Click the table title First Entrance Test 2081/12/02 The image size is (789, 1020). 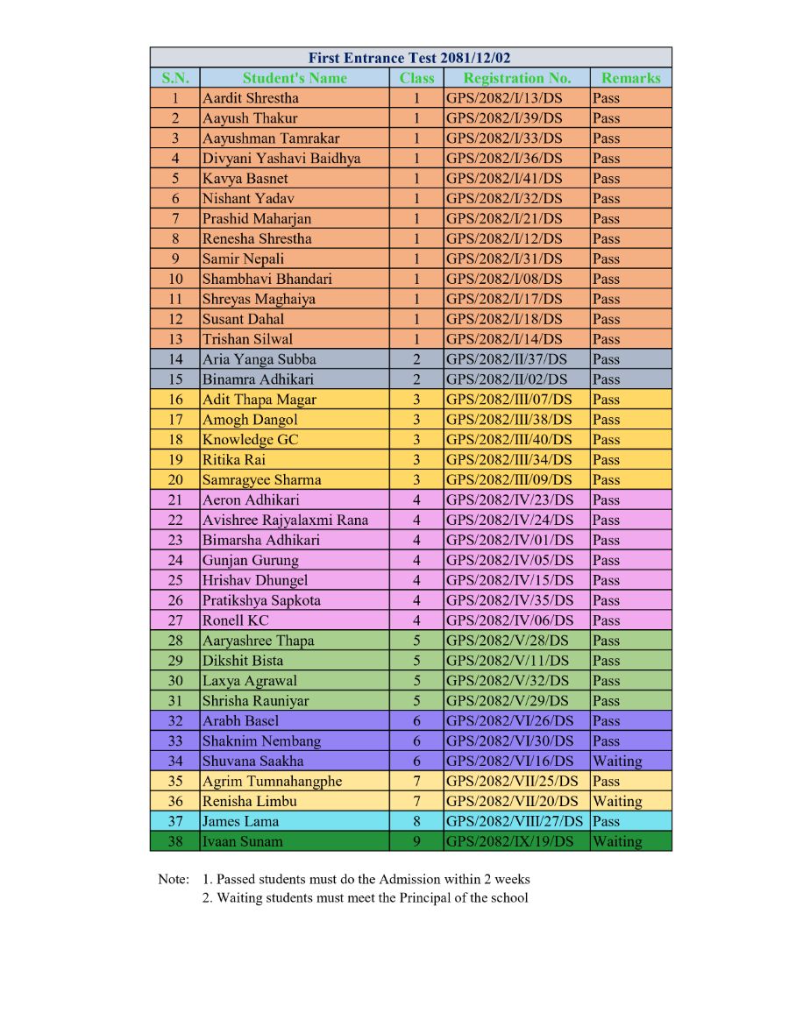410,58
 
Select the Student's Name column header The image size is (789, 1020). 295,78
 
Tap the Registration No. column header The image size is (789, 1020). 516,78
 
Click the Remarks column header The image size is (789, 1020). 630,78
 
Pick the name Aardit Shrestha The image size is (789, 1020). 250,98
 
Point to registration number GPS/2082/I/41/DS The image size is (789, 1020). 504,179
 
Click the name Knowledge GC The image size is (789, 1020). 250,440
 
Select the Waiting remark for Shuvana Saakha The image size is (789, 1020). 617,761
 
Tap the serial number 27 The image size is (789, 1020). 175,620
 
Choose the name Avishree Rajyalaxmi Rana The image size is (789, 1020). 285,521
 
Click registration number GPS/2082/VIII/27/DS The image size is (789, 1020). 515,822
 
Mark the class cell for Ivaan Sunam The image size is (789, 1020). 416,842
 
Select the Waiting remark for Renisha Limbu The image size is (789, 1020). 617,802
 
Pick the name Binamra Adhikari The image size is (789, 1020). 258,379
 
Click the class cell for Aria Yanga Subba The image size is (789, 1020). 416,359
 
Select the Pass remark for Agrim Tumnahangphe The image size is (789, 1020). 606,782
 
